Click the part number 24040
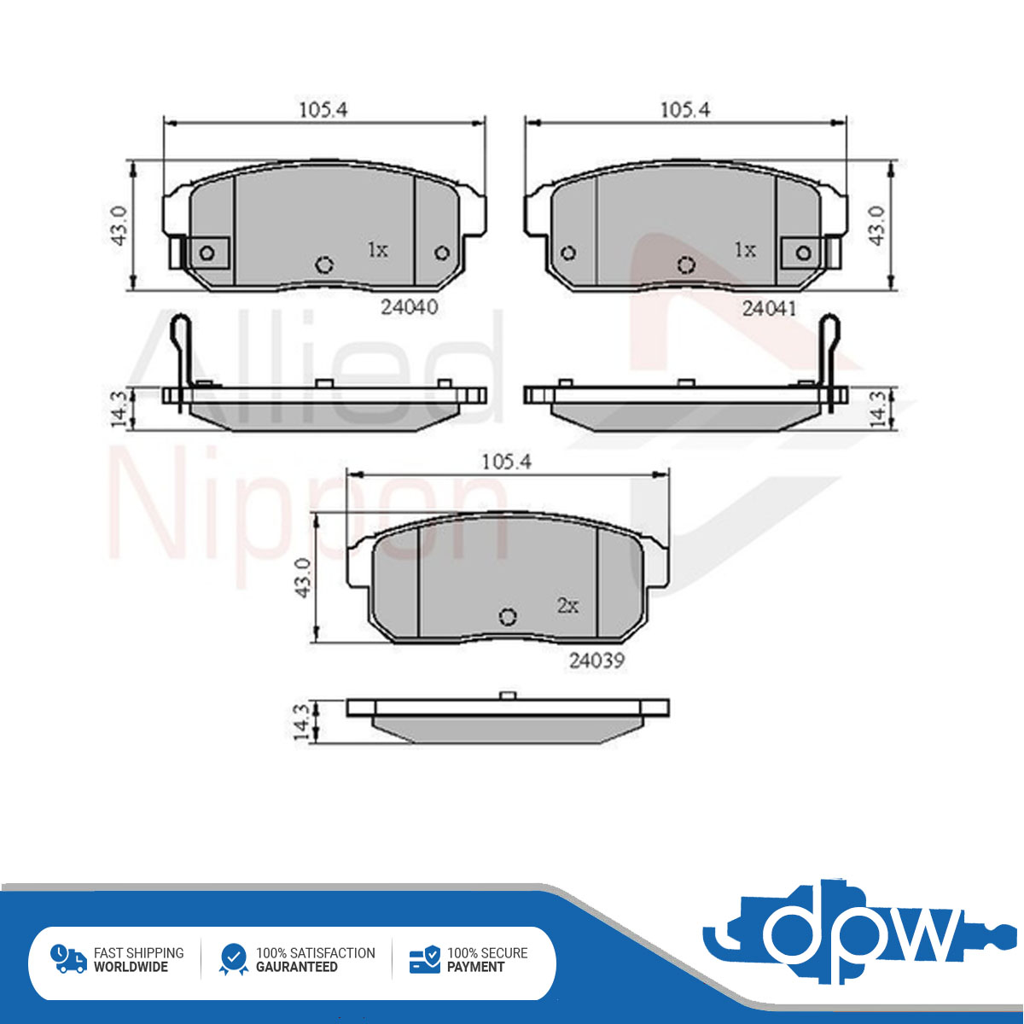[410, 307]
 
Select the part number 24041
[770, 308]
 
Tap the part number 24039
[596, 660]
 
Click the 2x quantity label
[568, 605]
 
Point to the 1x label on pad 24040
[378, 249]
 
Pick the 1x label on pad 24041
[744, 249]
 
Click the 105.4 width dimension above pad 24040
[323, 110]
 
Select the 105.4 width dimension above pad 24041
[685, 110]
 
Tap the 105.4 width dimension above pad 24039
[506, 462]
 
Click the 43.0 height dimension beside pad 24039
[304, 578]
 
